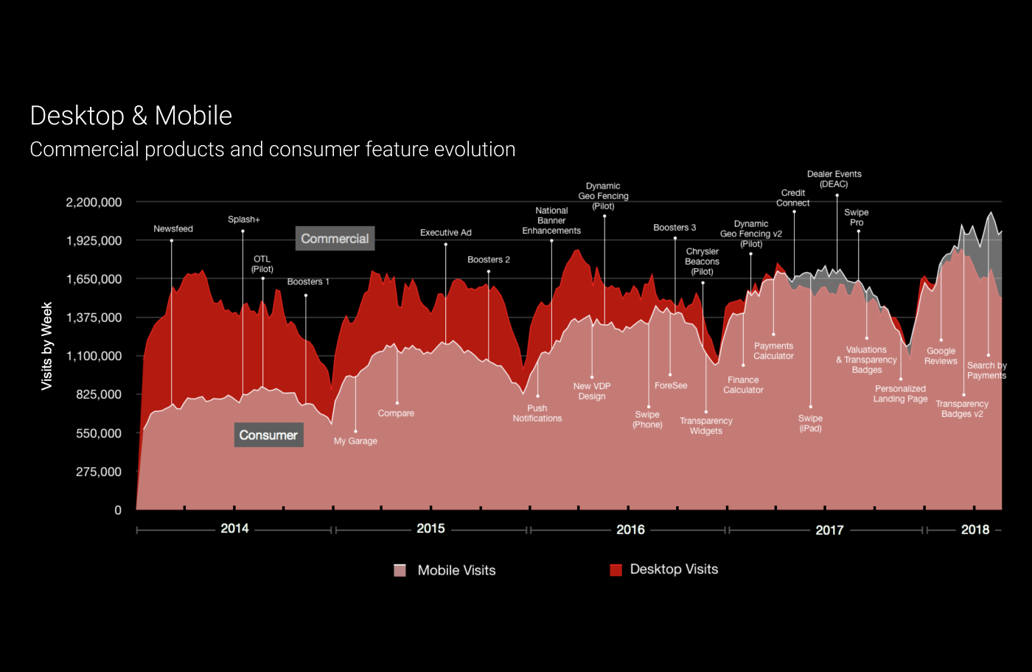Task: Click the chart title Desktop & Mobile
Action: click(x=131, y=116)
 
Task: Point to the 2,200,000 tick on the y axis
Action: click(x=94, y=203)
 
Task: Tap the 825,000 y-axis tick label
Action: click(x=99, y=395)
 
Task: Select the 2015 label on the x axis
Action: click(x=430, y=529)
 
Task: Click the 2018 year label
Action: click(x=975, y=530)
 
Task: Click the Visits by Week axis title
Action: click(x=47, y=346)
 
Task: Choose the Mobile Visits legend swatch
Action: click(x=400, y=570)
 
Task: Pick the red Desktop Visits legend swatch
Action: click(x=616, y=570)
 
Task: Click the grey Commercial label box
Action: click(x=335, y=239)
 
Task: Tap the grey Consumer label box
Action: click(x=268, y=435)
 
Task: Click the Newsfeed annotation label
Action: click(x=173, y=229)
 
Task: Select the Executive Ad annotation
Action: click(x=446, y=233)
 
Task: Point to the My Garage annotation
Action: click(x=355, y=441)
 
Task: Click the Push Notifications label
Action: click(x=537, y=413)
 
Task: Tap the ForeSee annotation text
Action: click(x=671, y=386)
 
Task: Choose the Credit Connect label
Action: click(x=793, y=198)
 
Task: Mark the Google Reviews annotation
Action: click(x=941, y=356)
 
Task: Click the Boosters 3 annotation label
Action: click(x=674, y=228)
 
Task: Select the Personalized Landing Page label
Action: click(x=901, y=394)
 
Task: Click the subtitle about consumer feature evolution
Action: click(x=273, y=150)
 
